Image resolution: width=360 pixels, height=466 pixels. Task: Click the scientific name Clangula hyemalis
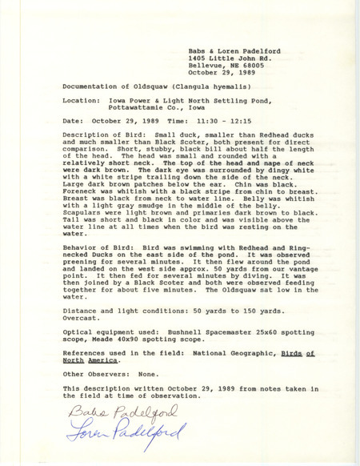[199, 83]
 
